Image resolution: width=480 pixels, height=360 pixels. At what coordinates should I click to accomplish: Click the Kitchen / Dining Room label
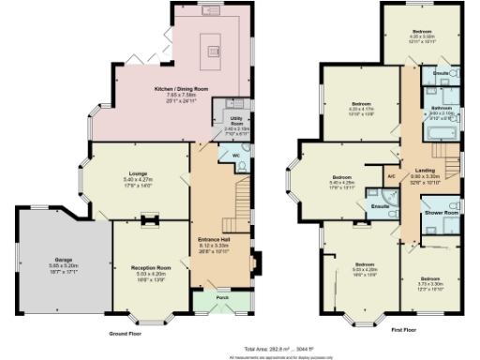click(181, 90)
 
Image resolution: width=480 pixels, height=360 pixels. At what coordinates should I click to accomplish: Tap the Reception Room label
click(149, 268)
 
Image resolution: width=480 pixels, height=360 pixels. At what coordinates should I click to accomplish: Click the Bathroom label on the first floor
click(442, 109)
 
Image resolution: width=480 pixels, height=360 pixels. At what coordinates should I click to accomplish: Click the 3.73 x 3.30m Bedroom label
click(430, 279)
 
